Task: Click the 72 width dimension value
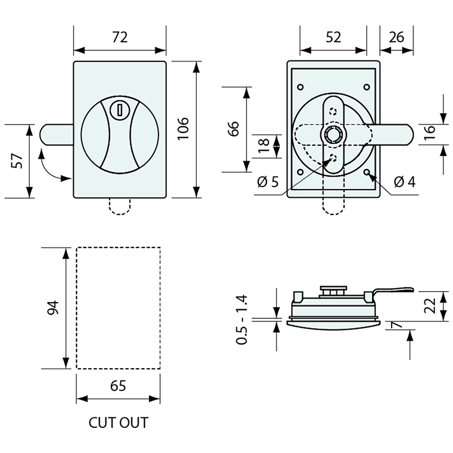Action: (x=120, y=37)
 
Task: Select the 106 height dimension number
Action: (x=183, y=128)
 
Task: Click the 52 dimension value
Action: (x=333, y=37)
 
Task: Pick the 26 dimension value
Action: (x=396, y=37)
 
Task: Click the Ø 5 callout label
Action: (x=268, y=182)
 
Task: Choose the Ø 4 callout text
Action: (x=404, y=181)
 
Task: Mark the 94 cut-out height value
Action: (x=54, y=308)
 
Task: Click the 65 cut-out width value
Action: (x=118, y=386)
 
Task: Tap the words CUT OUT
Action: (x=118, y=423)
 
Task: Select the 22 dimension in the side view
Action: (x=430, y=306)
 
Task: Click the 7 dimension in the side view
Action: (x=397, y=325)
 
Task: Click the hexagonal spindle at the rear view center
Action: (x=332, y=134)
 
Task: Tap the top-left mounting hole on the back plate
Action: (x=300, y=87)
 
